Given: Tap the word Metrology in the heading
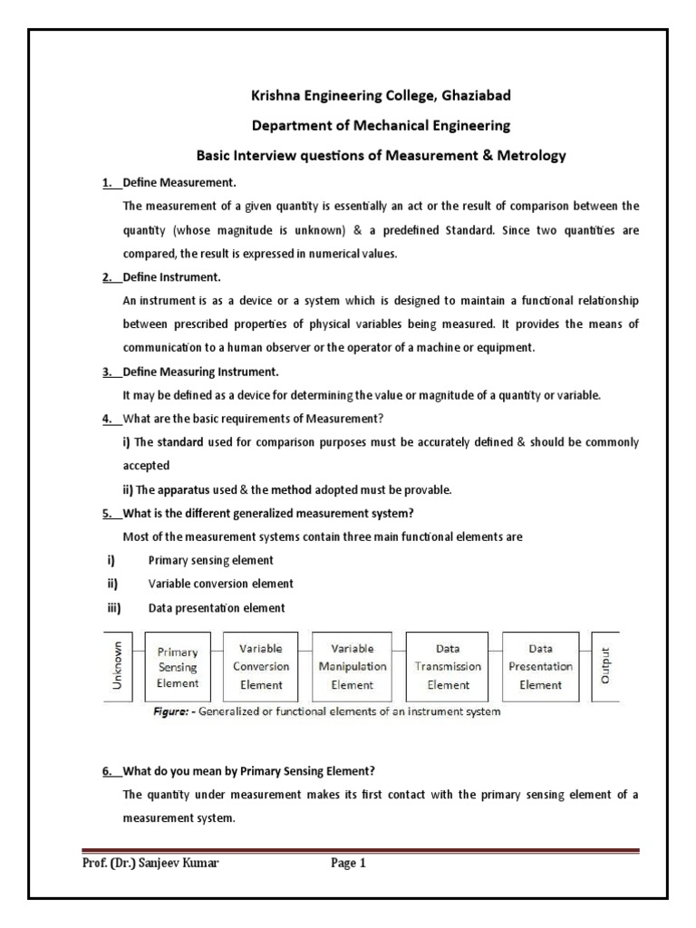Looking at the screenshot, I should pos(526,155).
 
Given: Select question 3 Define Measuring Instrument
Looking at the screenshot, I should pos(200,372).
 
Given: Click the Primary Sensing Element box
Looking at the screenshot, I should pos(178,667).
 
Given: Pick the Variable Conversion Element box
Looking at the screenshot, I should pos(261,667).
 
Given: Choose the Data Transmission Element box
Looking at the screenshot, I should pos(448,667).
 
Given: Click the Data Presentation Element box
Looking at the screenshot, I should pos(540,667).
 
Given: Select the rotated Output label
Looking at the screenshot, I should pos(605,667).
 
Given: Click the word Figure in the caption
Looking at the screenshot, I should pos(170,712).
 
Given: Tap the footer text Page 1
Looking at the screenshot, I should pos(348,864).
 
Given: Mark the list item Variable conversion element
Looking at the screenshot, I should pos(220,584).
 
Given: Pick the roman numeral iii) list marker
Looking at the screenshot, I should pos(114,607).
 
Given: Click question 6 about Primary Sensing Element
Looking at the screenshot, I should pos(248,771).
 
